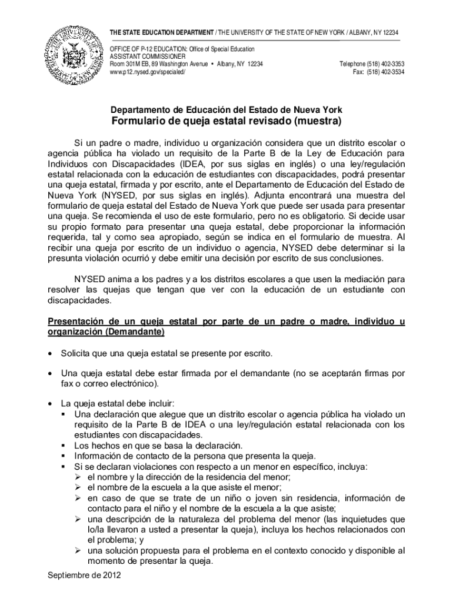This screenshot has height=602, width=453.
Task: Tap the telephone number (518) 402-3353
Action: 385,64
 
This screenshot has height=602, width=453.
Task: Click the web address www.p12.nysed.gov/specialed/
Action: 148,72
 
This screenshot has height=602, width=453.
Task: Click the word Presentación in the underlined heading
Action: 76,322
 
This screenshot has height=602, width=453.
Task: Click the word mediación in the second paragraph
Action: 369,279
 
